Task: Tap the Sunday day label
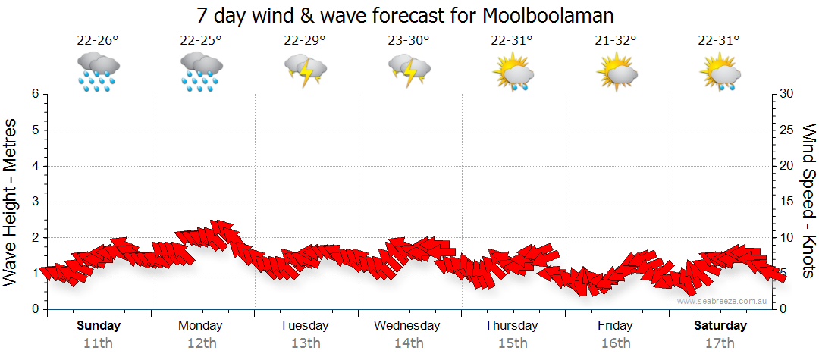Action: coord(99,326)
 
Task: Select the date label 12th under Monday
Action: coord(201,343)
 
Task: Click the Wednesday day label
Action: coord(407,326)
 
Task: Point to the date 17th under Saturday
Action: coord(720,343)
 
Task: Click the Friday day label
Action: coord(615,326)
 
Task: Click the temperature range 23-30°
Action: coord(409,41)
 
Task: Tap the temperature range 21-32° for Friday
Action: coord(616,41)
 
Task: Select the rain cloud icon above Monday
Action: coord(201,72)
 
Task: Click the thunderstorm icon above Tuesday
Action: coord(305,72)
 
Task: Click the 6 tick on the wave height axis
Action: coord(34,94)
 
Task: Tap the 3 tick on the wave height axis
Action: coord(34,202)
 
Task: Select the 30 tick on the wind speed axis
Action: coord(787,94)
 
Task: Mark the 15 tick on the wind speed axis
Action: coord(787,202)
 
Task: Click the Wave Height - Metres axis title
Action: coord(12,202)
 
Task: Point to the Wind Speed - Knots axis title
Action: coord(808,202)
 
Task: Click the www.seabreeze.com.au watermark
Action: coord(723,301)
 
